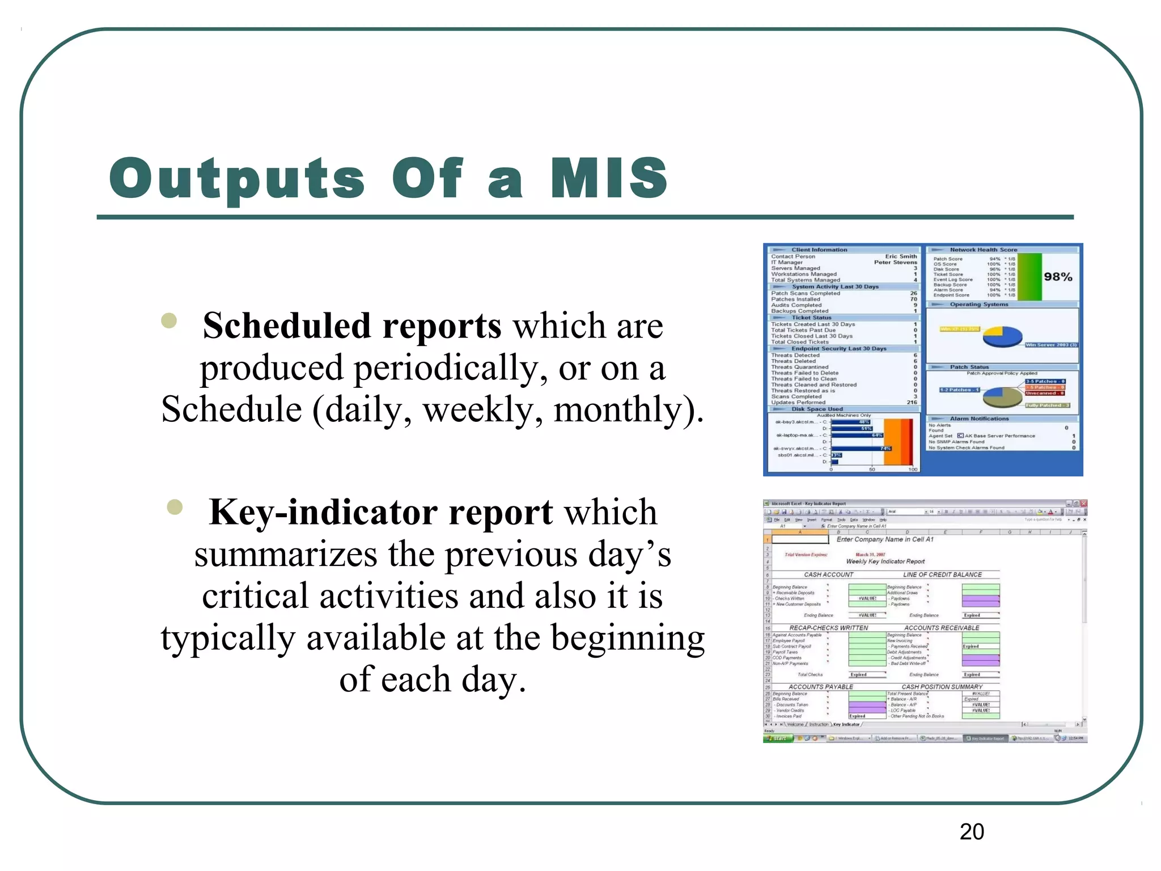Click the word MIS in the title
pos(609,178)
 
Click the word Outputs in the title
pos(237,179)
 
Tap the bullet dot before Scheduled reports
pos(169,321)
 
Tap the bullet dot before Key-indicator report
pos(175,507)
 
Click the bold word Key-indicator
pos(323,512)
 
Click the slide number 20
pos(972,832)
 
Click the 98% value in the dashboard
pos(1058,277)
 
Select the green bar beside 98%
pos(1030,277)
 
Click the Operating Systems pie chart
pos(1002,337)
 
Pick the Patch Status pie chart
pos(1002,396)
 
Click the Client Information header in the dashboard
pos(819,250)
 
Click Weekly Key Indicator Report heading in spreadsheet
pos(885,561)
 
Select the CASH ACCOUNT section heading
pos(828,574)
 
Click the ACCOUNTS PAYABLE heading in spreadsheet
pos(820,687)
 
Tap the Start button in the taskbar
pos(777,738)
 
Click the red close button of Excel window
pos(1083,504)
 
